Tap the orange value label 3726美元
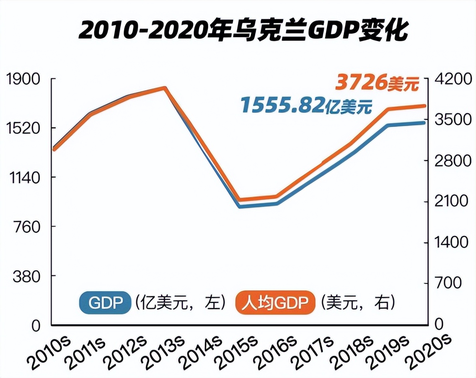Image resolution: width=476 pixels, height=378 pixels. tap(378, 83)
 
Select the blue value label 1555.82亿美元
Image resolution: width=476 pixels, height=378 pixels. tap(306, 105)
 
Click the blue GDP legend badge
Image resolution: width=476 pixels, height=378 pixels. tap(105, 302)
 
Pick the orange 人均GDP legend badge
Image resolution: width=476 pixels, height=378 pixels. tap(274, 302)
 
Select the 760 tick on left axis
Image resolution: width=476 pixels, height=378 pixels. tap(25, 227)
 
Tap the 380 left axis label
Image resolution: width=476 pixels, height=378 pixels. tap(25, 276)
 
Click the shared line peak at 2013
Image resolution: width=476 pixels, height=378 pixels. tap(165, 88)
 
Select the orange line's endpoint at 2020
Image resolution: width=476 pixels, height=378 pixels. tap(424, 106)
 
